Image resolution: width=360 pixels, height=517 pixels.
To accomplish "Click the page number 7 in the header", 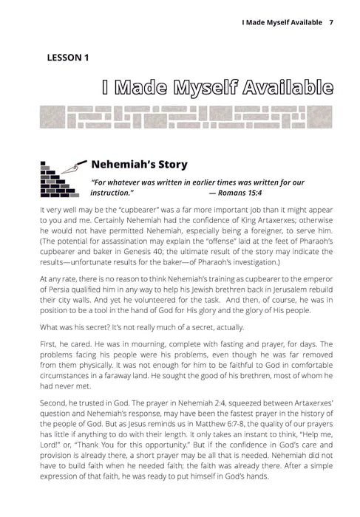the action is [x=331, y=21].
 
